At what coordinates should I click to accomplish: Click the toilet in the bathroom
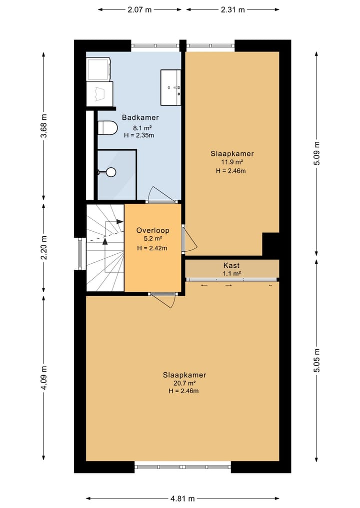click(107, 128)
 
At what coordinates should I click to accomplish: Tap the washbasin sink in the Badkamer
click(170, 87)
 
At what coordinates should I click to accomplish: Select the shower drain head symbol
click(111, 172)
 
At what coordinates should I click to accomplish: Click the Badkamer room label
click(140, 117)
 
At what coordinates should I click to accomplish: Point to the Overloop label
click(153, 230)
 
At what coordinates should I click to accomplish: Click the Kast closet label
click(231, 266)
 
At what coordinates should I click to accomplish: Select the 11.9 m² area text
click(232, 162)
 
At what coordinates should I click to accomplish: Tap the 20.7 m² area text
click(184, 383)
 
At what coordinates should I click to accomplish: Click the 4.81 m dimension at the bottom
click(182, 499)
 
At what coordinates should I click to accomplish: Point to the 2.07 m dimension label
click(139, 9)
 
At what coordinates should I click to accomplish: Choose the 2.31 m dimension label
click(232, 9)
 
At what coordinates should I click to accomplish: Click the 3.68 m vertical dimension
click(44, 126)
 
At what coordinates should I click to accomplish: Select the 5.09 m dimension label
click(317, 153)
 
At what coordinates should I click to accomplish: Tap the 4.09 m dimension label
click(44, 378)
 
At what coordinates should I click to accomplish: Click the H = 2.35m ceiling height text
click(139, 135)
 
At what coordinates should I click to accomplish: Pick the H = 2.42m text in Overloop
click(152, 248)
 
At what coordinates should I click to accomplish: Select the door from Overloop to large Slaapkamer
click(163, 300)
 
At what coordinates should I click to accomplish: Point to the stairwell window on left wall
click(80, 254)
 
